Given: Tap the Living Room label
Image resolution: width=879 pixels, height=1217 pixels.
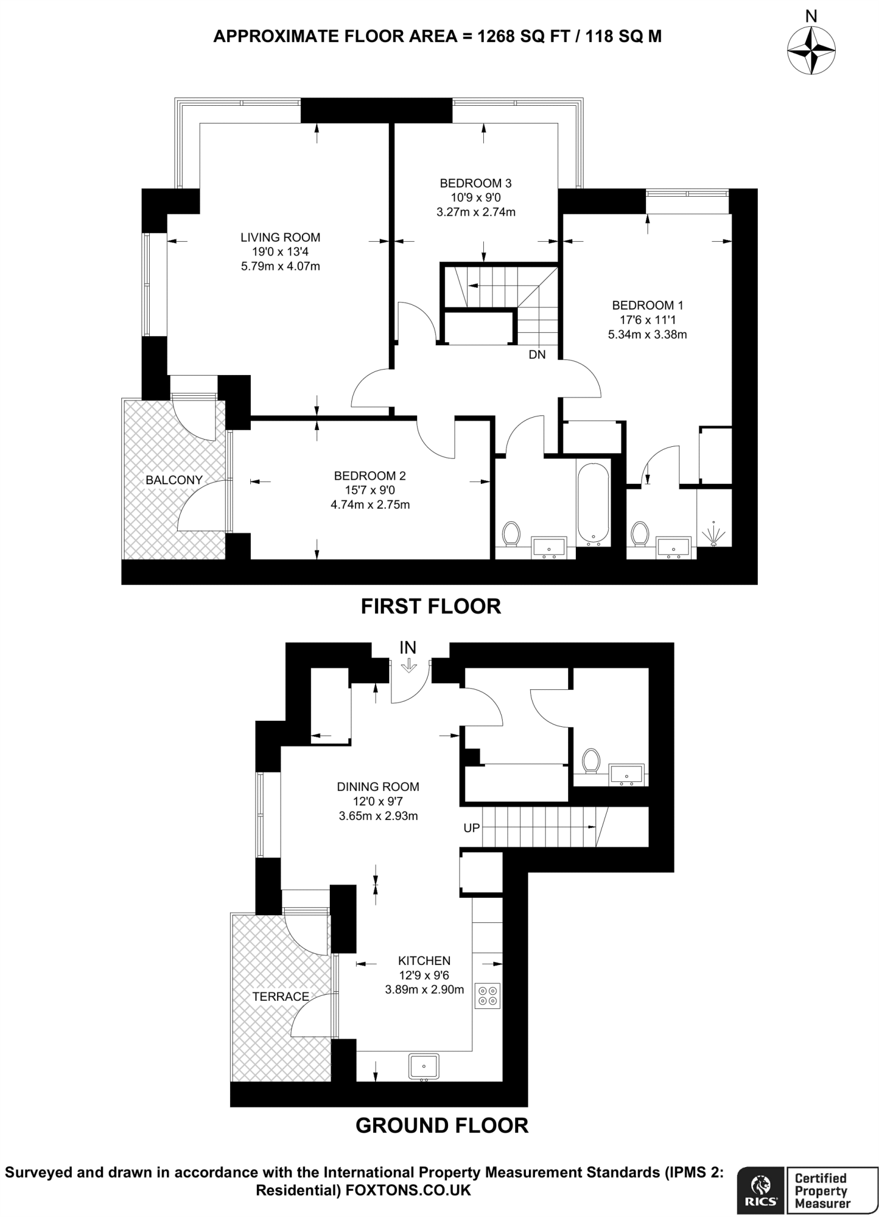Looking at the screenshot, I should (x=280, y=238).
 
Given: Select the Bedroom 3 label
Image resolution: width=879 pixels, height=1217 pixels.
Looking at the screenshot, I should (x=475, y=183).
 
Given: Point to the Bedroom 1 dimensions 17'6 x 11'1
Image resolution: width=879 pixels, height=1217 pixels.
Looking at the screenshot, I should (x=647, y=320).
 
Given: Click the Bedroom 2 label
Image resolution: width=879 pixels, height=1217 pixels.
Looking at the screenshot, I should (x=370, y=476).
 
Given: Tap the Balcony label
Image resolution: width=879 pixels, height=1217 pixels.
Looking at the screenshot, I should (x=174, y=480).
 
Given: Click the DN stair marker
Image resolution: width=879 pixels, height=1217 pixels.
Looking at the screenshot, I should (x=537, y=355).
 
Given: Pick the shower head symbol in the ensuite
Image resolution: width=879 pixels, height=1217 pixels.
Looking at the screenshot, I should (x=714, y=533).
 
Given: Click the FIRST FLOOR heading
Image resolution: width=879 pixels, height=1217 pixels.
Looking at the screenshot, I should (x=431, y=606).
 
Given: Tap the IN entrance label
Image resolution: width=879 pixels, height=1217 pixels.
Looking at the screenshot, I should (x=408, y=647).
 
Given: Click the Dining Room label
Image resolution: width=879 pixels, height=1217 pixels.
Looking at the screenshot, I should (x=378, y=787).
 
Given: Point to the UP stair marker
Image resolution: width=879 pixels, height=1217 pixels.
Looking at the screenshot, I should (x=471, y=827).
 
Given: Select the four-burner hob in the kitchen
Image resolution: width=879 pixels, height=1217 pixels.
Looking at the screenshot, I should (x=488, y=996).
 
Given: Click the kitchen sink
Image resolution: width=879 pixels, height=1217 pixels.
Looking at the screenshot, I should (x=424, y=1066).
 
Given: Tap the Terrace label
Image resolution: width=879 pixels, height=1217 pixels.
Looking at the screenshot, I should (x=281, y=997).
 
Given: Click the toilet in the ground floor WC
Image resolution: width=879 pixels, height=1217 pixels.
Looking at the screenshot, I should (x=591, y=761).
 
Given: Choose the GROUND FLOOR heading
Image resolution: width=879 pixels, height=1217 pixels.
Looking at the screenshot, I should (x=442, y=1125).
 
